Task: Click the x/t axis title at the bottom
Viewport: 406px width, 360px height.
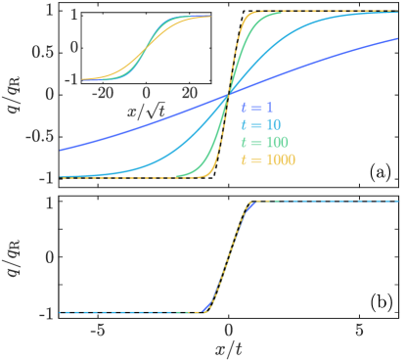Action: click(x=228, y=347)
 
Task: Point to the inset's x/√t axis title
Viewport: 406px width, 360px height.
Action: click(x=145, y=112)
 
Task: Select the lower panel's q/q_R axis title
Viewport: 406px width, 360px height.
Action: click(x=12, y=259)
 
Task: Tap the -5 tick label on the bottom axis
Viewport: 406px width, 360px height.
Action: click(x=96, y=330)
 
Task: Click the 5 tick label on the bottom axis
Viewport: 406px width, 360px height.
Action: click(x=359, y=330)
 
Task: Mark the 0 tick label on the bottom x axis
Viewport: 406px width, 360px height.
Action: click(x=228, y=330)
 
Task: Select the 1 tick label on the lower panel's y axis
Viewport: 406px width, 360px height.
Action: click(x=48, y=202)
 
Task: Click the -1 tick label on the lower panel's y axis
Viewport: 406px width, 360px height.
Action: click(x=44, y=314)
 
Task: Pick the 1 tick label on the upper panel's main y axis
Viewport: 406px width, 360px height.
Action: click(x=48, y=11)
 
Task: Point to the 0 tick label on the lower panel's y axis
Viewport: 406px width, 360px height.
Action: click(x=48, y=258)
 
